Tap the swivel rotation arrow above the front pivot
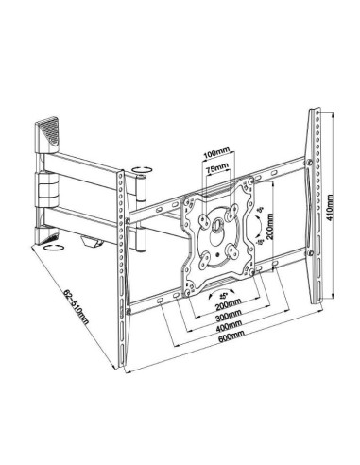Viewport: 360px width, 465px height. tap(140, 173)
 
